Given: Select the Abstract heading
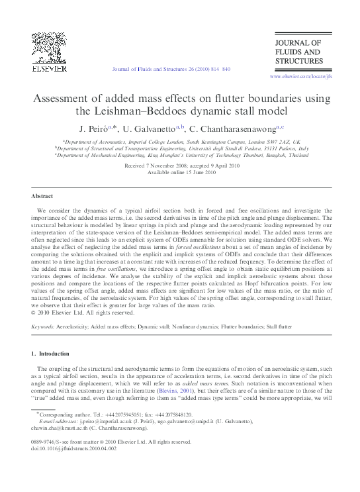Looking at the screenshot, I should click(x=42, y=197).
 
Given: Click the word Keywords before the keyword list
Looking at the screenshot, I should click(x=43, y=327).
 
